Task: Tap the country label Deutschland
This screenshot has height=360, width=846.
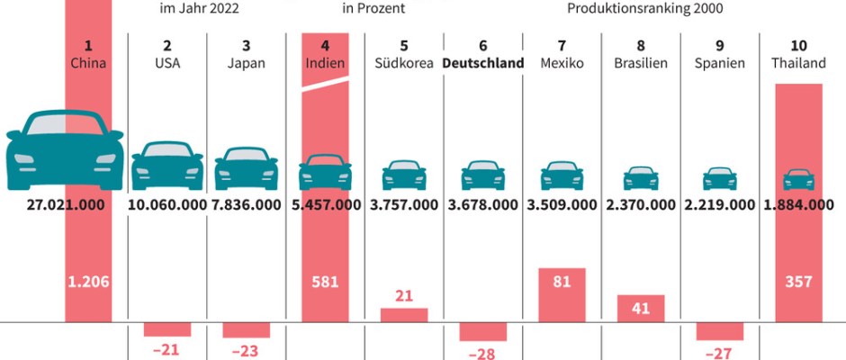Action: (483, 64)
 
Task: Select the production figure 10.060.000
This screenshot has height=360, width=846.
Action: (167, 204)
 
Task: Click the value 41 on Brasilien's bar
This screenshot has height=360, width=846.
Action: (641, 308)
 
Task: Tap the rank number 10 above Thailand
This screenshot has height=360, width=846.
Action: (797, 45)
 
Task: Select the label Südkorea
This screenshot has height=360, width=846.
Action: (404, 64)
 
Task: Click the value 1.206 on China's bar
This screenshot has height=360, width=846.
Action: (88, 282)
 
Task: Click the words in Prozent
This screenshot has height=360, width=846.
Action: (373, 10)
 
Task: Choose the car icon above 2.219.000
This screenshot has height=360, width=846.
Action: (720, 177)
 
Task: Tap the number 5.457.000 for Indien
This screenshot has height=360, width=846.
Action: (325, 204)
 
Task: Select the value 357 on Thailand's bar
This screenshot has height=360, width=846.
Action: (797, 282)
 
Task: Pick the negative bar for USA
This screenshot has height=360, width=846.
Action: (167, 328)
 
